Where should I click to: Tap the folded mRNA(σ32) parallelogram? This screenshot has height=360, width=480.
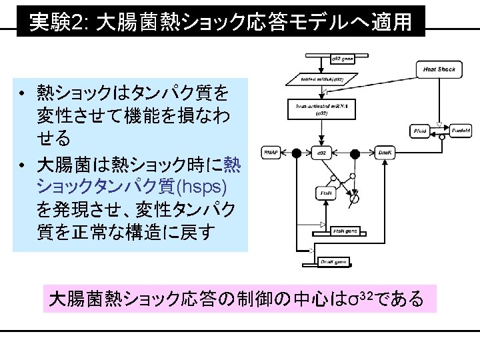coord(327,79)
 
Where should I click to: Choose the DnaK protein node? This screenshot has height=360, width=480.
coord(385,153)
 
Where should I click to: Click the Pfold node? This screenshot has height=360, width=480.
coord(420,131)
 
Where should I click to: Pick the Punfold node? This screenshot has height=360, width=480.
coord(460,131)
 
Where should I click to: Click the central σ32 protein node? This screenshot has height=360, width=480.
coord(321,153)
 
